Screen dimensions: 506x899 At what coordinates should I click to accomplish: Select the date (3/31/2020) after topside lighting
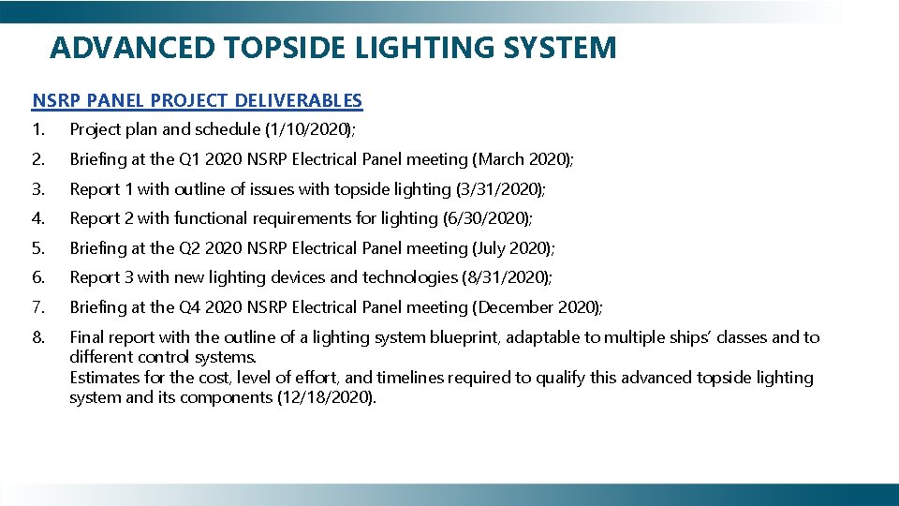coord(499,189)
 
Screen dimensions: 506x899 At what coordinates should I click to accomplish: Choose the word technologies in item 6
coord(408,278)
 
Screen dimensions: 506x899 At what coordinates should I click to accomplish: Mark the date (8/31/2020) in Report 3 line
coord(506,278)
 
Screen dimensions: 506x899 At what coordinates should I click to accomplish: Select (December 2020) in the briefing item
coord(538,307)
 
